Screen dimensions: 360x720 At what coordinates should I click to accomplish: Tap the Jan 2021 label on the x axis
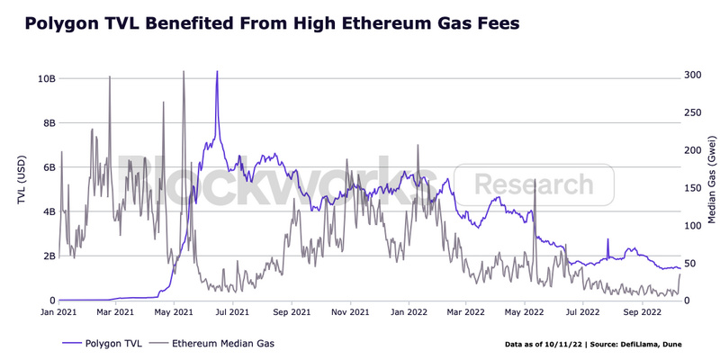click(58, 313)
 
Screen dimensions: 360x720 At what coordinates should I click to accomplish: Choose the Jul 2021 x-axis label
click(232, 313)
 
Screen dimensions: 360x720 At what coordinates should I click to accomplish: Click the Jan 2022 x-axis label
click(407, 313)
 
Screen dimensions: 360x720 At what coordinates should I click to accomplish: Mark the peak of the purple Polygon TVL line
click(217, 72)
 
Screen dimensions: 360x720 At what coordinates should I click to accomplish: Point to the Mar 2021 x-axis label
click(115, 313)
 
